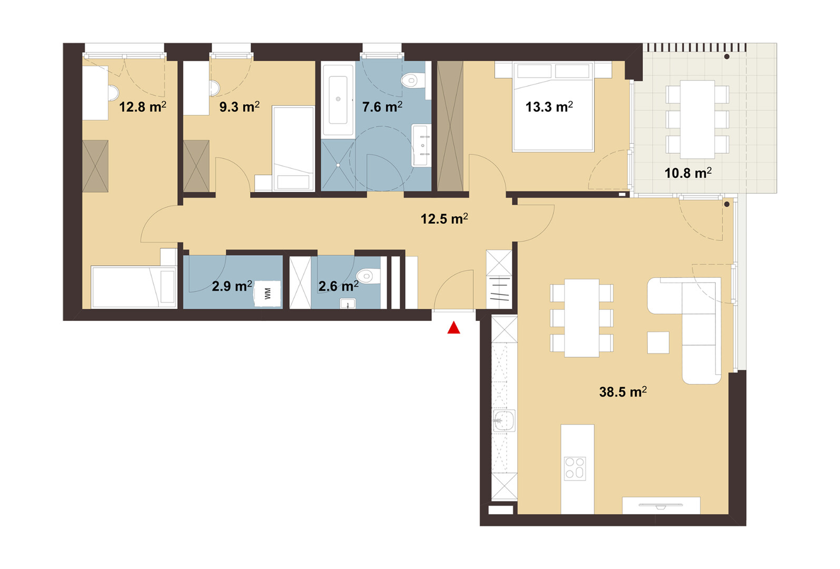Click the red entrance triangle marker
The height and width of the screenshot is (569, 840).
(x=453, y=328)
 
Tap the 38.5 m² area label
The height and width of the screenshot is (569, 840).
(x=623, y=392)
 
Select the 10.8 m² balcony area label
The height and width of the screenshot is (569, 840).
(x=688, y=173)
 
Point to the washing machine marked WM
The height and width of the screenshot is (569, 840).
(x=268, y=293)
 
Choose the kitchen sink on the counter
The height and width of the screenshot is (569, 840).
(x=504, y=420)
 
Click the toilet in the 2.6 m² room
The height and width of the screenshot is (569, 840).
(x=369, y=277)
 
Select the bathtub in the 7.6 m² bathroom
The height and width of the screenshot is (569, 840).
(x=338, y=100)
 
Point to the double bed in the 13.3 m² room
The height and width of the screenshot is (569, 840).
(x=553, y=106)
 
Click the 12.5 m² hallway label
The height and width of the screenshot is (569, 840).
(x=444, y=219)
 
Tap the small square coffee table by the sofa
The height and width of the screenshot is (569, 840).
(x=658, y=342)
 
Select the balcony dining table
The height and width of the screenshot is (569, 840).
(x=697, y=119)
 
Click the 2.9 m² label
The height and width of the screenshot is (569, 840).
(x=232, y=286)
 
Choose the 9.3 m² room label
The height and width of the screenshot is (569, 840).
(x=239, y=107)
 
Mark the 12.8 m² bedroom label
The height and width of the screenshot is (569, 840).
(x=143, y=107)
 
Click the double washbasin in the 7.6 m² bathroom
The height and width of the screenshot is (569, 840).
(x=421, y=145)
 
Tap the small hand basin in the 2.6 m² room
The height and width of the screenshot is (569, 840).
(x=348, y=303)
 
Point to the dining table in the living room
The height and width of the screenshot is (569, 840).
(x=581, y=318)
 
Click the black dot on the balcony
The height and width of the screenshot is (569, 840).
(x=727, y=57)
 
